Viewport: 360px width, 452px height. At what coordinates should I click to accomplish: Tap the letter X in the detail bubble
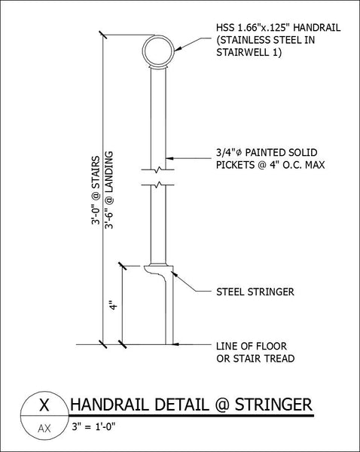[x=44, y=405]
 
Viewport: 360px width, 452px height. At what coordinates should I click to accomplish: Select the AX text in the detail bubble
[x=44, y=429]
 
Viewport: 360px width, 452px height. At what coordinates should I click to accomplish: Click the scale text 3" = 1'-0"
[x=93, y=426]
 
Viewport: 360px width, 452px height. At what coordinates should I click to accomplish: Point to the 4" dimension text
[x=114, y=305]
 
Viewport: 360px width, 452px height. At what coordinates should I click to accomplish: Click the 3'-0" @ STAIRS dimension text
[x=96, y=191]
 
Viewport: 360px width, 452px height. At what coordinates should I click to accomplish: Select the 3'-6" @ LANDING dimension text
[x=109, y=191]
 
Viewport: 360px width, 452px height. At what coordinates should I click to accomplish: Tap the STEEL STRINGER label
[x=255, y=292]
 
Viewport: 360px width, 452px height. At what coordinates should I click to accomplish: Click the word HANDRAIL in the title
[x=111, y=405]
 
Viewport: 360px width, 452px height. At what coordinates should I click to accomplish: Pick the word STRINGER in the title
[x=273, y=405]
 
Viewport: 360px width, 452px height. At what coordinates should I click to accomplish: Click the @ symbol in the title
[x=222, y=405]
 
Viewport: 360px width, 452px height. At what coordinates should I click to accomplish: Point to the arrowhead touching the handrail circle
[x=178, y=49]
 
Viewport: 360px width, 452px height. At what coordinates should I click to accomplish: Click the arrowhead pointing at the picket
[x=169, y=158]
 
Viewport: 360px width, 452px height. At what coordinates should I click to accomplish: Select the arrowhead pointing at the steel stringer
[x=175, y=274]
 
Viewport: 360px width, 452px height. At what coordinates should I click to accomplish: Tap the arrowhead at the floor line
[x=176, y=344]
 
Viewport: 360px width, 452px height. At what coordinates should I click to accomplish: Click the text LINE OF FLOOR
[x=252, y=346]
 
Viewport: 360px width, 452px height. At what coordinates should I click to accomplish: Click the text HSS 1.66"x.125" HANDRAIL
[x=278, y=28]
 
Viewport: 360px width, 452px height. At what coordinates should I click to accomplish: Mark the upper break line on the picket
[x=157, y=169]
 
